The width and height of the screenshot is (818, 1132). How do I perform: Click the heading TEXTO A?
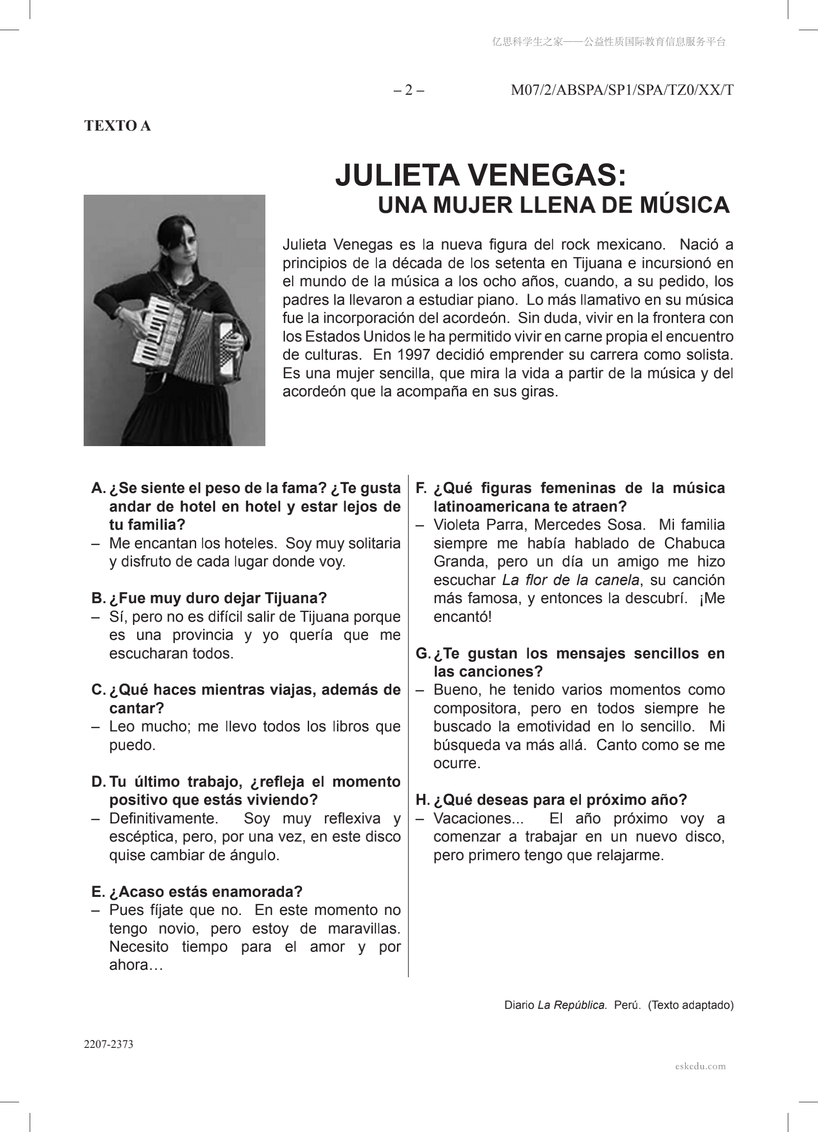pos(117,126)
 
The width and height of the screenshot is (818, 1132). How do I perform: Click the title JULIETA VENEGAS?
pos(480,175)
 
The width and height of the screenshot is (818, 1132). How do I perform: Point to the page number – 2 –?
pos(409,90)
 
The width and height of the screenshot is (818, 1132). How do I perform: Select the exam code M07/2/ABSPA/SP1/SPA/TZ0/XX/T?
pos(622,90)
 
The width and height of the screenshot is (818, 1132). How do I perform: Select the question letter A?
pos(98,488)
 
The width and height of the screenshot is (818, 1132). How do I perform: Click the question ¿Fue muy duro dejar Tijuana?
pos(218,598)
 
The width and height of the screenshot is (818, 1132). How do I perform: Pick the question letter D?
pos(98,782)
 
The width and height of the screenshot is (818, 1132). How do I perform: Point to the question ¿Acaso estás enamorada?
pos(205,891)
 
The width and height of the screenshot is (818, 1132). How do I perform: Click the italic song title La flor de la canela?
pos(570,580)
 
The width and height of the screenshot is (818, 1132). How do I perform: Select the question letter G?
pos(422,653)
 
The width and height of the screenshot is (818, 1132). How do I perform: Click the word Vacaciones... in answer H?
pos(478,818)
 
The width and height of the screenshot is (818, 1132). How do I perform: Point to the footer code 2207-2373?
pos(108,1045)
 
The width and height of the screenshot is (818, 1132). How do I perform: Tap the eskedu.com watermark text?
pos(700,1066)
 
